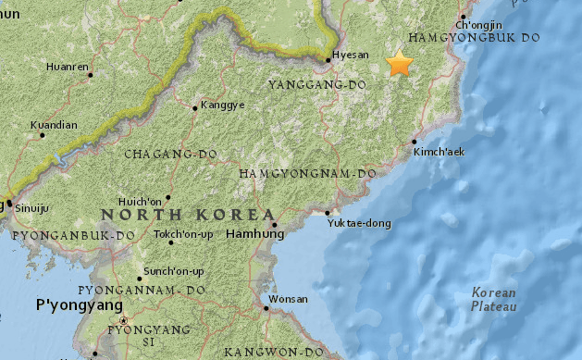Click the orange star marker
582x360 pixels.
[x=400, y=65]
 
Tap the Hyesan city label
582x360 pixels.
[x=350, y=55]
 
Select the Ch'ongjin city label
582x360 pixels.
[x=479, y=24]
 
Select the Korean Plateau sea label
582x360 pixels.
[x=494, y=299]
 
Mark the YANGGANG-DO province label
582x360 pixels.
[x=317, y=85]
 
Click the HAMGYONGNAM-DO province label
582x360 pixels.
[x=307, y=173]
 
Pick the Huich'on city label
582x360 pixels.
[x=141, y=201]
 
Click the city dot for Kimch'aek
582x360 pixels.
[x=412, y=142]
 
